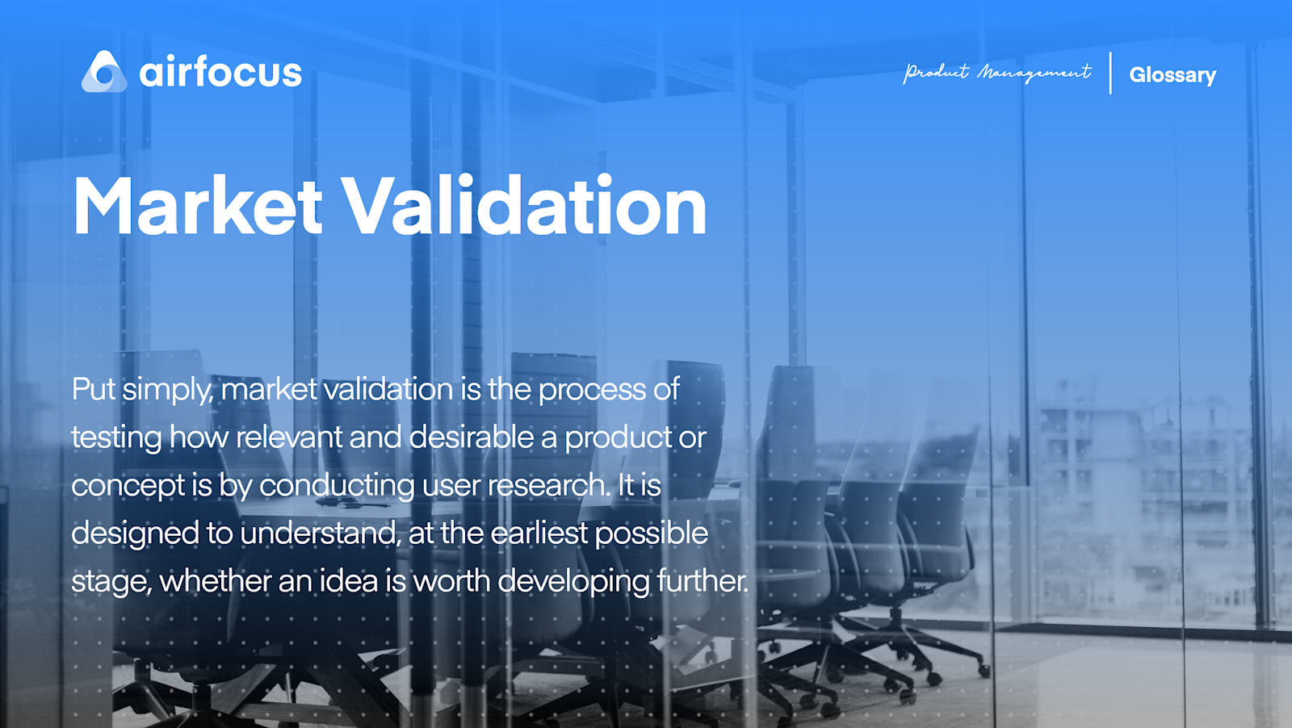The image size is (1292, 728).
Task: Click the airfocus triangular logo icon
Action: click(104, 72)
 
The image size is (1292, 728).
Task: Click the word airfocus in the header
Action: click(220, 73)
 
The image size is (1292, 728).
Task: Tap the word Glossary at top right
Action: click(1172, 75)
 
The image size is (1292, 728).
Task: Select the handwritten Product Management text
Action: click(997, 73)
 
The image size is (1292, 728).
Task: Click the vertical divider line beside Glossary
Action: click(1110, 73)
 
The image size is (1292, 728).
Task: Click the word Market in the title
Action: click(198, 207)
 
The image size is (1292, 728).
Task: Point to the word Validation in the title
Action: click(525, 207)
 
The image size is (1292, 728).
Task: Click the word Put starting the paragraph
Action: click(94, 389)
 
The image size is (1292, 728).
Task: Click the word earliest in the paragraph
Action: click(539, 533)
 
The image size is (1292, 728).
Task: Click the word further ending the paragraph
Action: click(702, 581)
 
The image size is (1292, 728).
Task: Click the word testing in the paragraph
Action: click(116, 438)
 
